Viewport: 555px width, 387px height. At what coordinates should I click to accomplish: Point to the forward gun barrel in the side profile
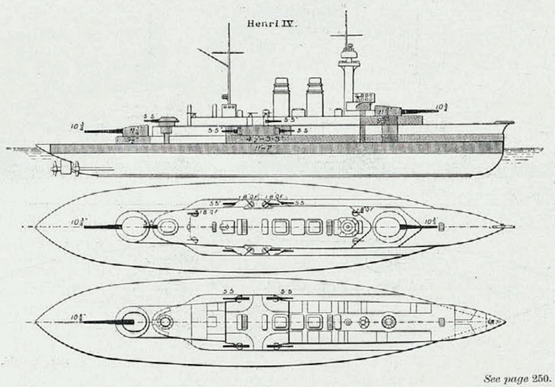pyautogui.click(x=419, y=111)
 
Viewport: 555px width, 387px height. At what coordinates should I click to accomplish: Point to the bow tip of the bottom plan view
pyautogui.click(x=503, y=322)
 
